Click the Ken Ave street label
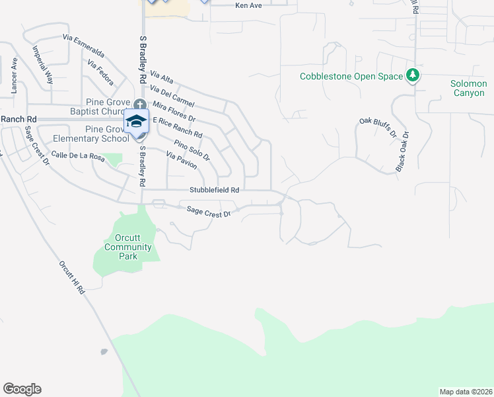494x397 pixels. pyautogui.click(x=250, y=5)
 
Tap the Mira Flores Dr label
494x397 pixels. pyautogui.click(x=174, y=112)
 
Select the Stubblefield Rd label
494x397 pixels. pyautogui.click(x=214, y=190)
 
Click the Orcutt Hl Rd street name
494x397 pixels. pyautogui.click(x=71, y=277)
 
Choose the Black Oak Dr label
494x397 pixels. pyautogui.click(x=402, y=152)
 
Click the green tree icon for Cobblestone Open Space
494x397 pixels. pyautogui.click(x=413, y=75)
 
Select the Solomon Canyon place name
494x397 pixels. pyautogui.click(x=469, y=88)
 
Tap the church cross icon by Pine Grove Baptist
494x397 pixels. pyautogui.click(x=139, y=105)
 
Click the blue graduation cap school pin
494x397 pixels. pyautogui.click(x=137, y=122)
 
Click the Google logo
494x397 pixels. pyautogui.click(x=22, y=389)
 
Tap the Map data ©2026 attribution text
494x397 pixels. pyautogui.click(x=466, y=392)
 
